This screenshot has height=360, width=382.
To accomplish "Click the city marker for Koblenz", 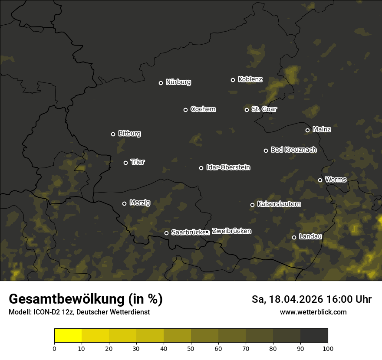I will (x=233, y=80).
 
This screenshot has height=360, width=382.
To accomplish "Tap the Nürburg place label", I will (x=178, y=82).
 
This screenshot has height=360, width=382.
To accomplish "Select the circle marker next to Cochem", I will (x=185, y=110).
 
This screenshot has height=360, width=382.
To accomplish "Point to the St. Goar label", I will (x=264, y=109).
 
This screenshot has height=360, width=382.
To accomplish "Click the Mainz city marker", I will (x=307, y=130).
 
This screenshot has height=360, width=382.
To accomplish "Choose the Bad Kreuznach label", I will (x=293, y=150).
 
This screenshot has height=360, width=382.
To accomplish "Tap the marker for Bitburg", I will (x=113, y=134).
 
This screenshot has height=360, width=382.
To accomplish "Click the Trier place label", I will (x=138, y=162).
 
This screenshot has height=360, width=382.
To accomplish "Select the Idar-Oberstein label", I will (x=228, y=167).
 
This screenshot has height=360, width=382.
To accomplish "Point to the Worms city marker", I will (x=320, y=180).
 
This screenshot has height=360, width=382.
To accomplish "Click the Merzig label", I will (x=140, y=203).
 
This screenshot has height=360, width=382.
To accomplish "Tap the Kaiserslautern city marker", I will (x=252, y=205).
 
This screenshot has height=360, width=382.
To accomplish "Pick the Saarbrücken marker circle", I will (x=166, y=233).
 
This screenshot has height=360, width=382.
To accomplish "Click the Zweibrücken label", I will (x=231, y=231).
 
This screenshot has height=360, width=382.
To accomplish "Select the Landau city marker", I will (x=294, y=237).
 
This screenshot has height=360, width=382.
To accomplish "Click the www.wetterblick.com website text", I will (x=313, y=312).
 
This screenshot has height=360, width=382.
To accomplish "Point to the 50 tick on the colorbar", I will (x=191, y=348).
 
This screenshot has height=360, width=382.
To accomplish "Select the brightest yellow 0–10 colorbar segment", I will (x=68, y=335).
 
